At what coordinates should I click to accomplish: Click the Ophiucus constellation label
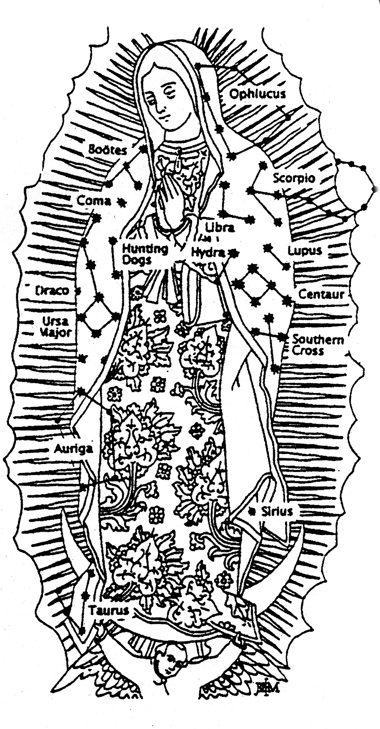coord(257,93)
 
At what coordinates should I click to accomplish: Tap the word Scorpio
coord(293,177)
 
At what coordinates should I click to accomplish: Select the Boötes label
coord(108,150)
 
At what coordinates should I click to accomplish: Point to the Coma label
coord(94,200)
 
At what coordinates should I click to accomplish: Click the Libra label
coord(220,227)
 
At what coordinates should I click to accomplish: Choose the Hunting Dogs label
coord(139,254)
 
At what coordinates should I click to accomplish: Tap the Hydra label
coord(208,252)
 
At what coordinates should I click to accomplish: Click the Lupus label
coord(304,251)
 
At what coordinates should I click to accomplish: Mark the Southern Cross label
coord(318,344)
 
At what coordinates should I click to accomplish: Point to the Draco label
coord(52,291)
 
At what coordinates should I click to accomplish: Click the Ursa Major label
coord(56,327)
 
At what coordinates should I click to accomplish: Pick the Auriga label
coord(73,448)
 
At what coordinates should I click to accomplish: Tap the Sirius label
coord(277,511)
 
